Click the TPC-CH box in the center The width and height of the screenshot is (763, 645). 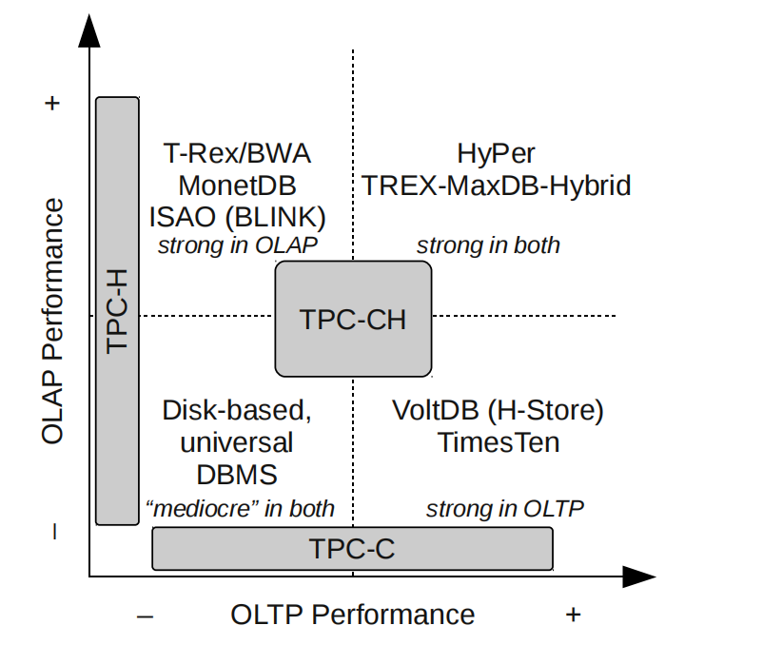tap(353, 319)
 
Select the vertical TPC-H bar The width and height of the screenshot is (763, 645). tap(117, 310)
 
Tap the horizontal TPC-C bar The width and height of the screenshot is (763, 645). tap(352, 548)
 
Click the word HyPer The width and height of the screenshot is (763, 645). tap(496, 153)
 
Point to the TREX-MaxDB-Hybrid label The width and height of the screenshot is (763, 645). tap(496, 185)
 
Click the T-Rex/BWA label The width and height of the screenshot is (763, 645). tap(238, 153)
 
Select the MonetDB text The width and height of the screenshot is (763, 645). tap(238, 185)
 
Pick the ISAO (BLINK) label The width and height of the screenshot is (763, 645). tap(238, 216)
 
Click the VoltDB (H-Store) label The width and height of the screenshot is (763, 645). tap(499, 411)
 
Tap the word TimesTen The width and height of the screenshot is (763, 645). tap(499, 442)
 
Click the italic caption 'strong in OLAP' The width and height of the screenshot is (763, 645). tap(238, 244)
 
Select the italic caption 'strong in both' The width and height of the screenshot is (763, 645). tap(488, 244)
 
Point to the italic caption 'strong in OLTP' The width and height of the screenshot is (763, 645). tap(504, 509)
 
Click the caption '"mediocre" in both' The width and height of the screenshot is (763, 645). tap(239, 509)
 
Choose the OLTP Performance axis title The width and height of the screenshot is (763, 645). tap(352, 615)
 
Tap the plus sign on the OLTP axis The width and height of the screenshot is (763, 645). tap(573, 615)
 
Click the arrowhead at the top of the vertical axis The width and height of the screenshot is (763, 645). tap(89, 31)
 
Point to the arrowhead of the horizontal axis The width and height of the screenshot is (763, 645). tap(639, 577)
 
